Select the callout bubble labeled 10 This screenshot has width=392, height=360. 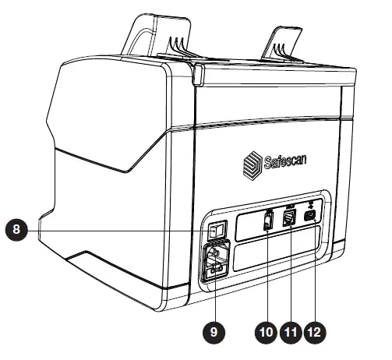point(266,330)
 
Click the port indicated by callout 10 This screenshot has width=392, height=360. point(267,223)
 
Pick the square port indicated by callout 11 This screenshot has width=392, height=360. point(290,221)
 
